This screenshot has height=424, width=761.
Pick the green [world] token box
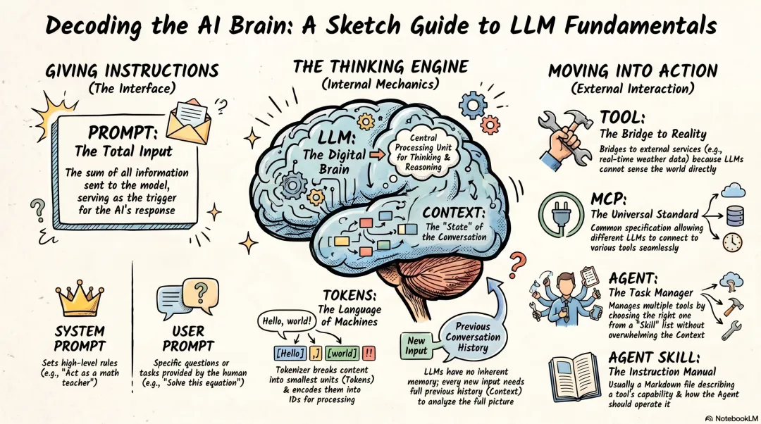342,352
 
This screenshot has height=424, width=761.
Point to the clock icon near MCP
732,242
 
